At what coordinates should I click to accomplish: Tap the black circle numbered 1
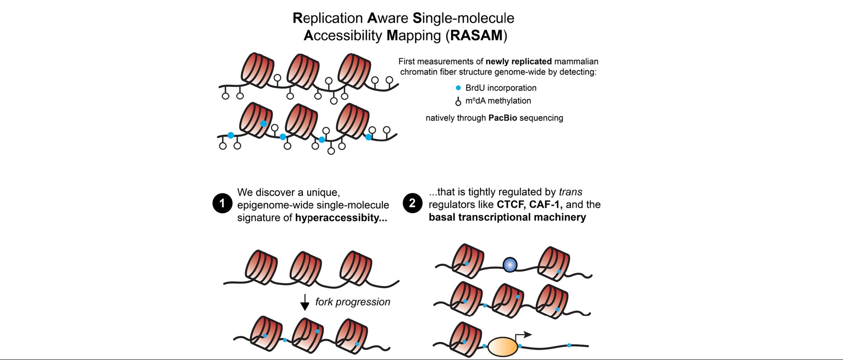pyautogui.click(x=222, y=203)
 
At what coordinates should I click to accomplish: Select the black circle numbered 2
pyautogui.click(x=412, y=203)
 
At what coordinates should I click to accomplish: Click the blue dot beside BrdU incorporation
pyautogui.click(x=458, y=88)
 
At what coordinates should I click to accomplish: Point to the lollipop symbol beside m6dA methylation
pyautogui.click(x=458, y=101)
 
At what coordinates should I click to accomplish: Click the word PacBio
pyautogui.click(x=503, y=118)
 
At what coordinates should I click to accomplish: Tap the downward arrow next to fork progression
pyautogui.click(x=305, y=303)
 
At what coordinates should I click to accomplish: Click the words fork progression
pyautogui.click(x=353, y=302)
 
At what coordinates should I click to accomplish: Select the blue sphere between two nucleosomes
pyautogui.click(x=510, y=264)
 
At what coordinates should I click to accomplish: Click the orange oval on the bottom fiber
pyautogui.click(x=503, y=347)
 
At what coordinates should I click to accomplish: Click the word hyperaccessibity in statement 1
pyautogui.click(x=341, y=218)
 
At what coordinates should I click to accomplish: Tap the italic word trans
pyautogui.click(x=571, y=192)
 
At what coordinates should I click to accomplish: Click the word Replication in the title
pyautogui.click(x=328, y=19)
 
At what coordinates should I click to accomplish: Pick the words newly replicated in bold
pyautogui.click(x=519, y=61)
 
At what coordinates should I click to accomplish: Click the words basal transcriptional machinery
pyautogui.click(x=507, y=217)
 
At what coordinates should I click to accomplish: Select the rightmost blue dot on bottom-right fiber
pyautogui.click(x=569, y=345)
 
